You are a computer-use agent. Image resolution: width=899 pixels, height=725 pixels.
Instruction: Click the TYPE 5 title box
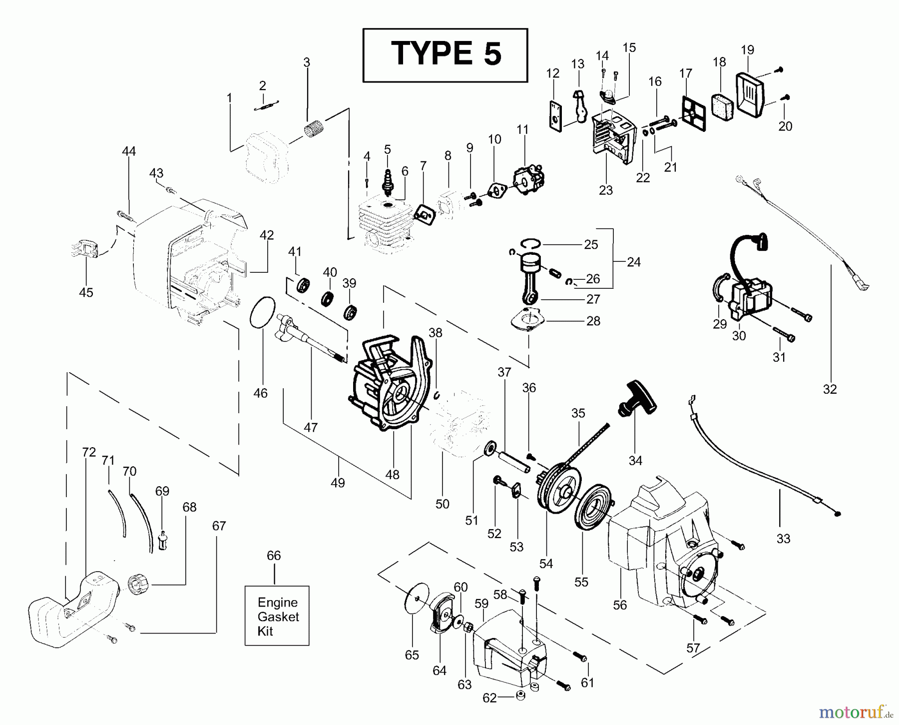point(445,55)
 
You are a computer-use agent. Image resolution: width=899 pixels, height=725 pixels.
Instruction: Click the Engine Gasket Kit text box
point(277,616)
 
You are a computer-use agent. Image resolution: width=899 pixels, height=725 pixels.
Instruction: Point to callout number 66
point(274,556)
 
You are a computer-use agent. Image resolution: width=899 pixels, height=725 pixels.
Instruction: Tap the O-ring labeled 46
point(262,313)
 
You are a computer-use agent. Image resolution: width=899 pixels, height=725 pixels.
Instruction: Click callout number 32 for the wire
point(830,389)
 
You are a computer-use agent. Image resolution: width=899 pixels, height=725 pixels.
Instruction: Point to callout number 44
point(129,151)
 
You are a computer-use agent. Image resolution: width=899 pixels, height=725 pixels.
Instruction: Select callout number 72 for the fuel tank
point(88,452)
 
